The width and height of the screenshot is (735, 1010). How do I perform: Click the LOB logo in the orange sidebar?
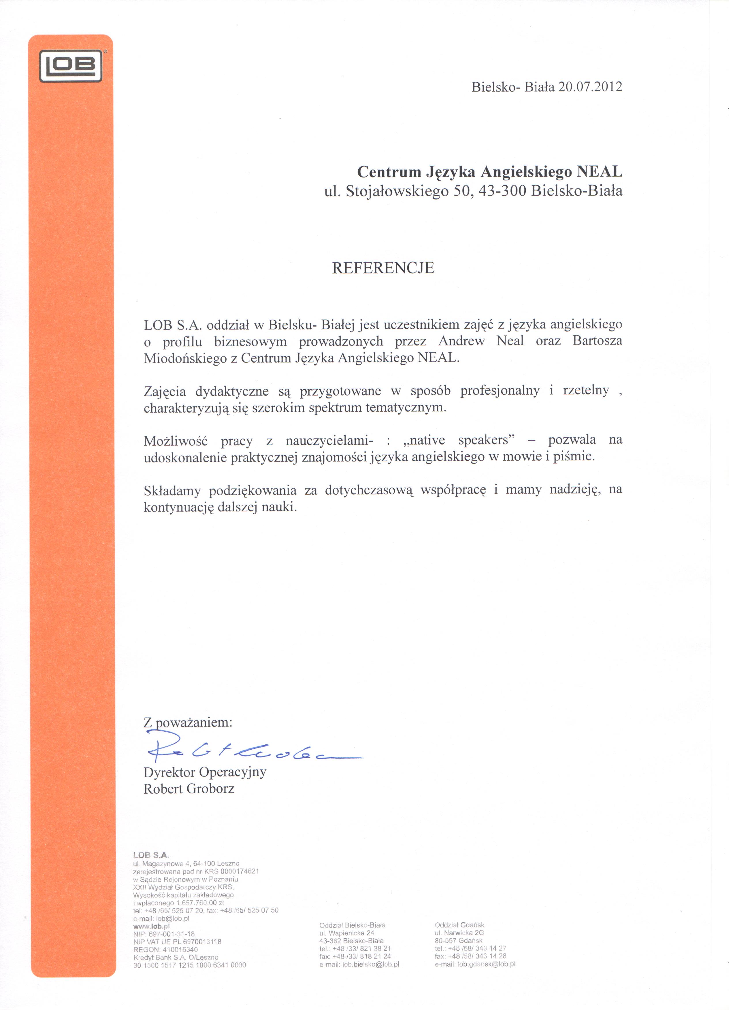[x=71, y=66]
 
